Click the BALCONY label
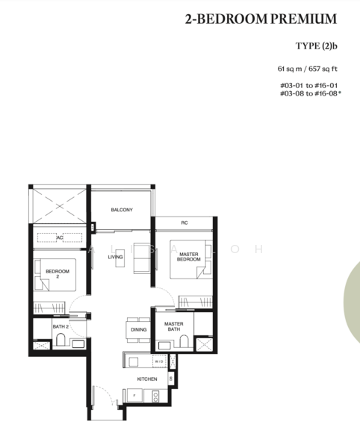(122, 210)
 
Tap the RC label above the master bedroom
(184, 223)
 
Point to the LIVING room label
(115, 257)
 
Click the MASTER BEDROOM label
(188, 257)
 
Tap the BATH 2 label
(60, 327)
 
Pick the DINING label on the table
(139, 329)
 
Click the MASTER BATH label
(174, 326)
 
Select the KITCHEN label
(146, 379)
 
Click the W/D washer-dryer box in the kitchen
(159, 362)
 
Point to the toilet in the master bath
(183, 343)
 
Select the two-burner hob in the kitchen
(156, 396)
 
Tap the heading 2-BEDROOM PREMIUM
(261, 19)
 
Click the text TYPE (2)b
(317, 46)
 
